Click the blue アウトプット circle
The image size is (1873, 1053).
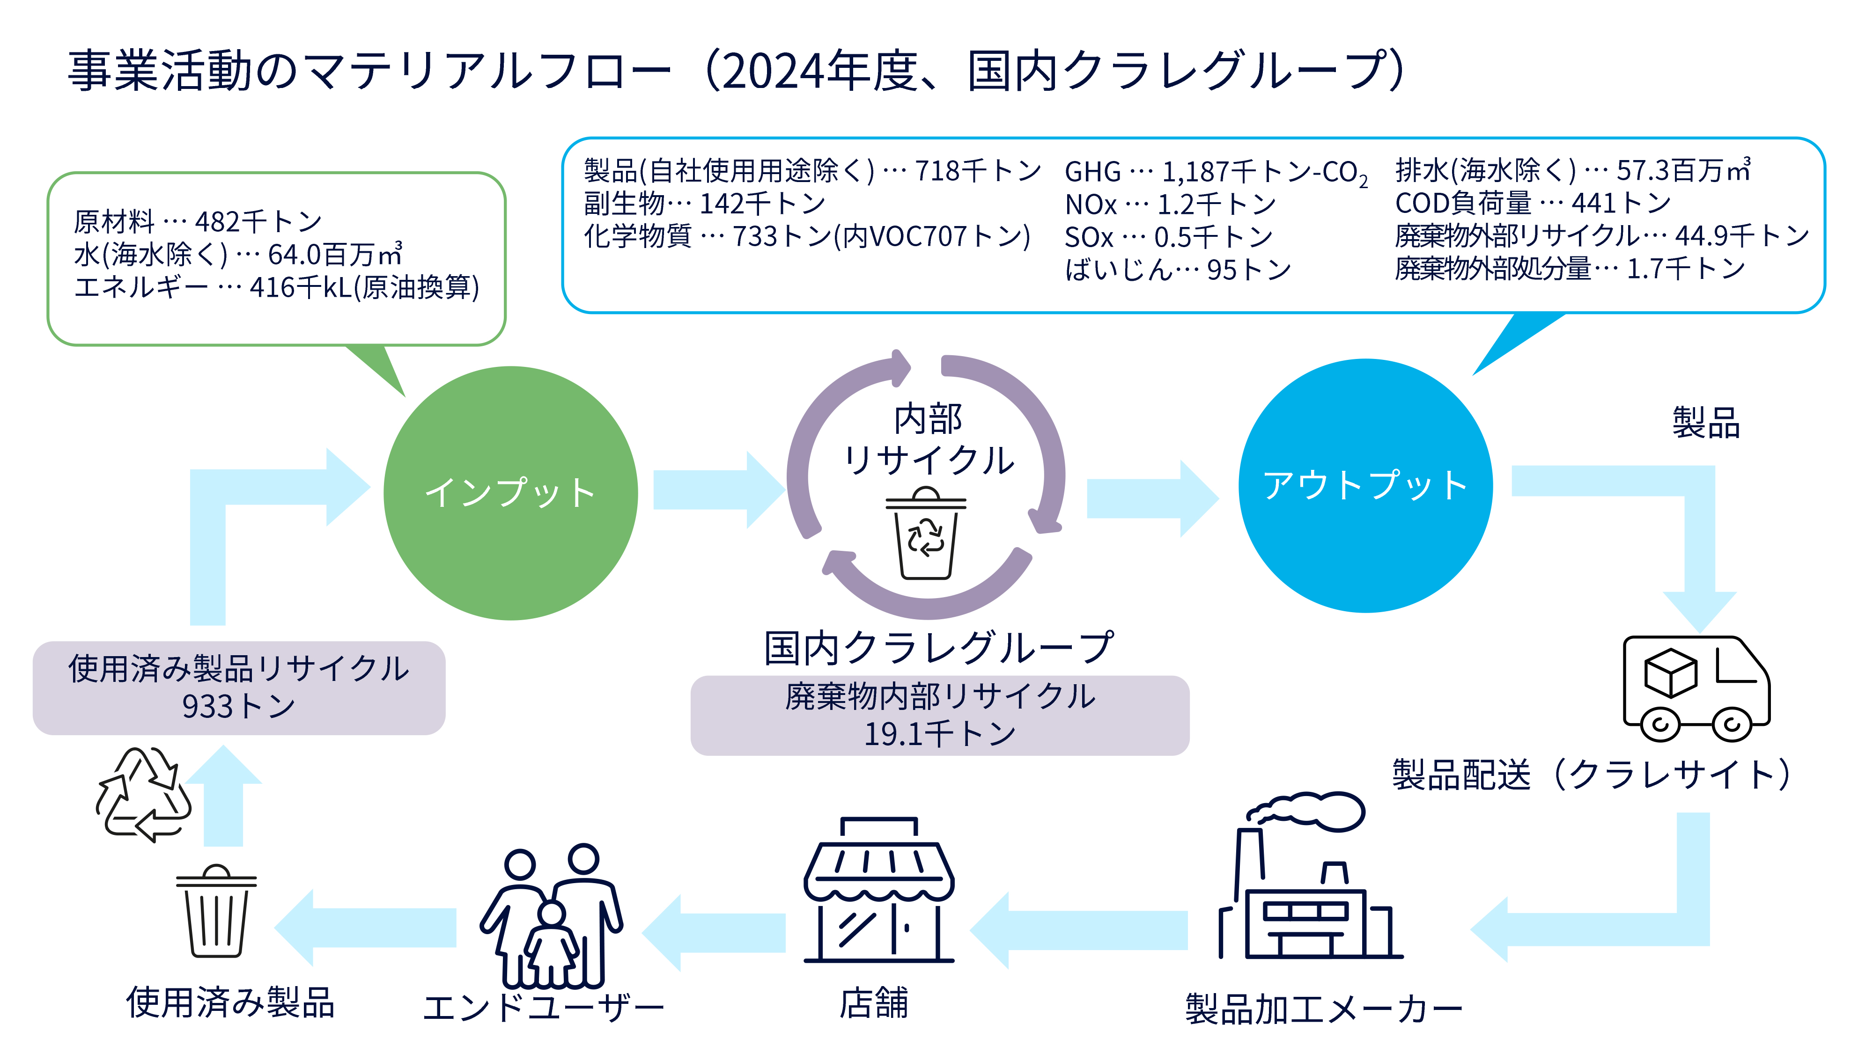1365,485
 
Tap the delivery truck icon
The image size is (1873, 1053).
1696,688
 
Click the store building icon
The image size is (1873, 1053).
878,890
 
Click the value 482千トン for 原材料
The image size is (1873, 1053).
258,221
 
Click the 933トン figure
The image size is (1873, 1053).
238,706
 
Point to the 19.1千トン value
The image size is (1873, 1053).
939,733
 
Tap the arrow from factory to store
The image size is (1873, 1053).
1078,930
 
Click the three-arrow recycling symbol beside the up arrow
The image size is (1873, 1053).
144,794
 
